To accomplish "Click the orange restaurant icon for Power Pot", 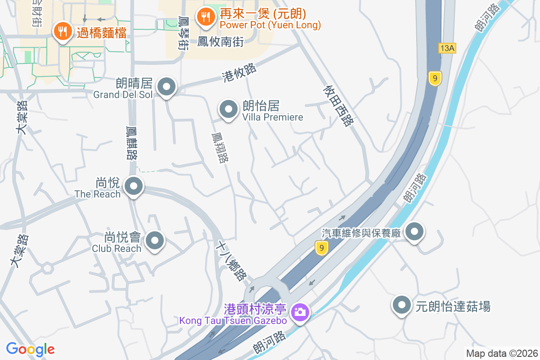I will pos(206,17).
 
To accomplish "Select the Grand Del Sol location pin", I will pos(166,86).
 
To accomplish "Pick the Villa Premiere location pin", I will pos(228,109).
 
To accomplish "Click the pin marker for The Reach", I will pos(133,186).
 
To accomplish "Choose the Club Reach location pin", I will pos(155,240).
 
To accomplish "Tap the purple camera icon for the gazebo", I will pos(299,311).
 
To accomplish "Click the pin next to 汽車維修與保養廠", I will pos(414,232).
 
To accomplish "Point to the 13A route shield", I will pos(446,48).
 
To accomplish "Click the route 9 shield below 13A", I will pos(434,78).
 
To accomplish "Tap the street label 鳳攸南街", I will pos(220,42).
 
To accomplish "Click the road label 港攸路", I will pos(239,72).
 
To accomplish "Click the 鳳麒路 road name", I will pos(132,143).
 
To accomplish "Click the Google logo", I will pos(30,349).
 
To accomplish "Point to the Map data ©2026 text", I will pos(502,353).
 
